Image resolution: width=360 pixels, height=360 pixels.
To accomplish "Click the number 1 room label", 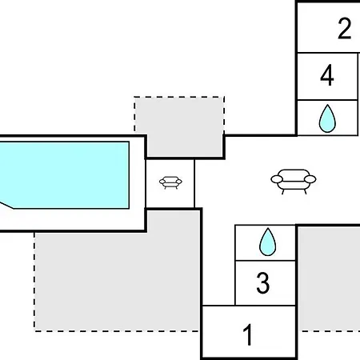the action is [x=248, y=334].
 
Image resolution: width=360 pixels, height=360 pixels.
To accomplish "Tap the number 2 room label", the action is [x=344, y=28].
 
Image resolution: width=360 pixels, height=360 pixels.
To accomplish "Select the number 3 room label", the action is [x=263, y=282].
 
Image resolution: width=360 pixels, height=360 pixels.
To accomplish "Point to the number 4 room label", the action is [x=327, y=75].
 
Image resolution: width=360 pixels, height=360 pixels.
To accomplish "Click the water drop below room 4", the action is [x=327, y=119].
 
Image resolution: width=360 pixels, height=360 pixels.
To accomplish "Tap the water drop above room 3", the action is [x=268, y=242].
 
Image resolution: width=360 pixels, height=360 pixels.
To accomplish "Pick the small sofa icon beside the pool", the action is [x=170, y=182].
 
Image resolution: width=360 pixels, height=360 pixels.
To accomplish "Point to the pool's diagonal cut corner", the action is [x=6, y=206].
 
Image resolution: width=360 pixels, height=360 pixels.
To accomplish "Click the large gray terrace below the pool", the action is [x=118, y=278].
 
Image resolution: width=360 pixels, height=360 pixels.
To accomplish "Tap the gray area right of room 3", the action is [x=330, y=278].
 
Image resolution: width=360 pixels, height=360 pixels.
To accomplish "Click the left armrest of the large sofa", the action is [x=277, y=179].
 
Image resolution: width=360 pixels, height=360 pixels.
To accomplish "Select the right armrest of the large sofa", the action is [x=310, y=179].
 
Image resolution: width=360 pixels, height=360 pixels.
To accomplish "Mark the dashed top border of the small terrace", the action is [x=179, y=97].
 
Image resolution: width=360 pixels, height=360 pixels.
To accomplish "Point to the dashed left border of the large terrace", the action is [x=34, y=282].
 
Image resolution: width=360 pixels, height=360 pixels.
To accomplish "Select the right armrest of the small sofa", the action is [x=179, y=182].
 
